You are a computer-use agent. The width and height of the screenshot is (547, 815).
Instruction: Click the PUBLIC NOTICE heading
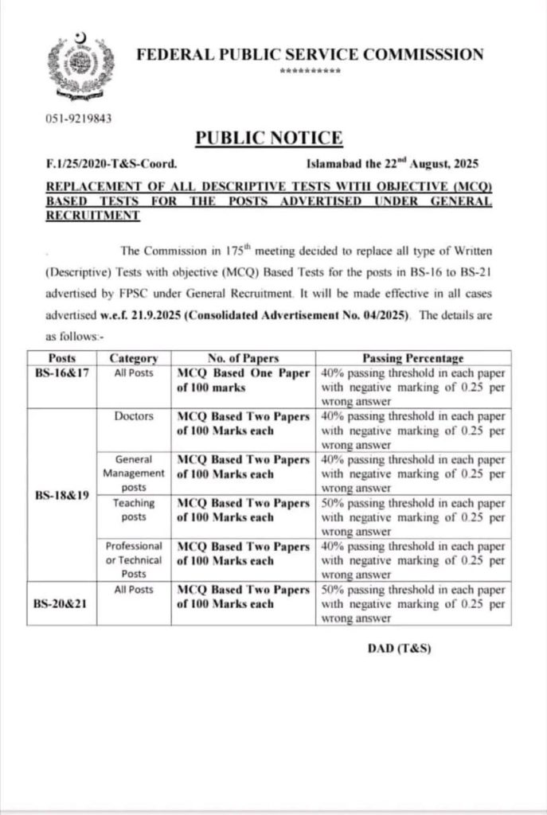(269, 138)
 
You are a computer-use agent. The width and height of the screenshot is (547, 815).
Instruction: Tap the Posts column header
(63, 358)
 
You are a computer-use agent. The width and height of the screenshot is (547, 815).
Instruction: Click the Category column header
(133, 358)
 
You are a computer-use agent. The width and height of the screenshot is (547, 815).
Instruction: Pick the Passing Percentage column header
(413, 358)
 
